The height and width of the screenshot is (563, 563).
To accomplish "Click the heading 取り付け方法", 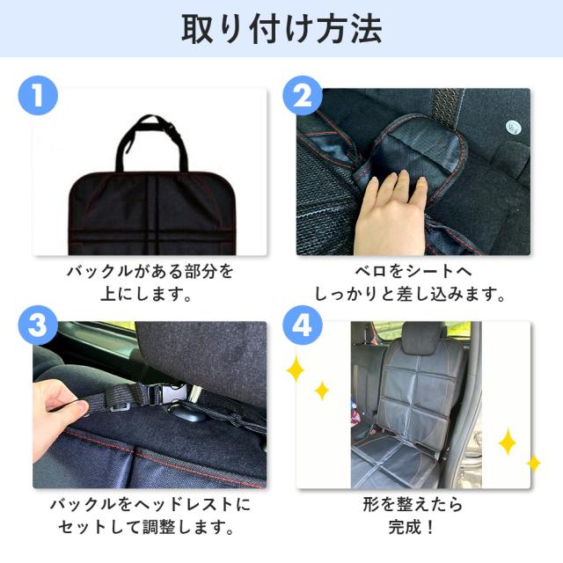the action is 281,29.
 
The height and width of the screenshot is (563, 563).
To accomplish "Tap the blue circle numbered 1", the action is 38,96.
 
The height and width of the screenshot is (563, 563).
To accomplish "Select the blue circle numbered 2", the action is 303,96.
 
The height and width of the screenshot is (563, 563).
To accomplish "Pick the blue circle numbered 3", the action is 38,325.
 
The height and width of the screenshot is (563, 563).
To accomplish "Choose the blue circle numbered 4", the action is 303,325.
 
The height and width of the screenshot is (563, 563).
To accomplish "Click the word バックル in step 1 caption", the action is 99,272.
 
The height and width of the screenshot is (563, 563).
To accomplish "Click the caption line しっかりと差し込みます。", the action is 410,294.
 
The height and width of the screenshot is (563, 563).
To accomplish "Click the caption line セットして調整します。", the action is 146,527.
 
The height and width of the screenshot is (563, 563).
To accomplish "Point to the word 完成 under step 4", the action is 405,527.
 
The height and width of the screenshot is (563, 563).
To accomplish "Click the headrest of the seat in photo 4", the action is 420,336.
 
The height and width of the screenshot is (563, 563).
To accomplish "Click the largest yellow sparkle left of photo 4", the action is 296,368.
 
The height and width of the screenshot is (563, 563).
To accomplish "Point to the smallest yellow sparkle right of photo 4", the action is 534,464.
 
